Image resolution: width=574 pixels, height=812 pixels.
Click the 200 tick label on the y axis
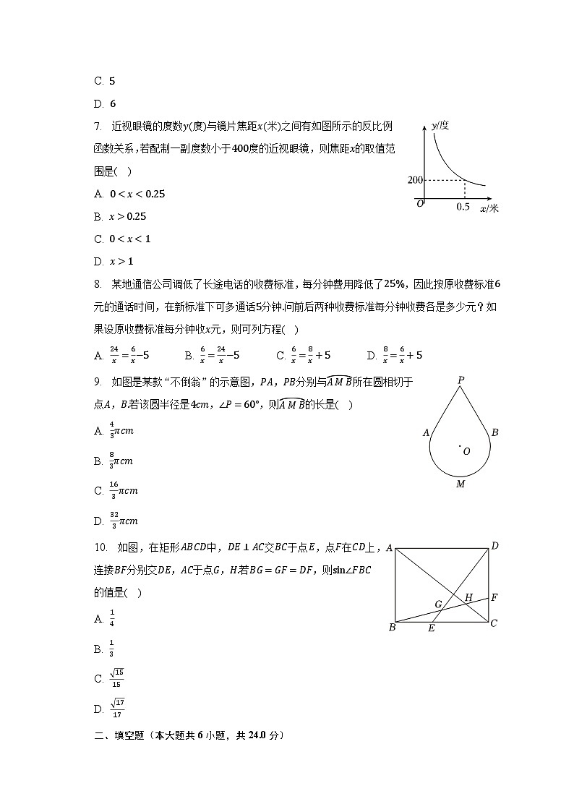(x=415, y=179)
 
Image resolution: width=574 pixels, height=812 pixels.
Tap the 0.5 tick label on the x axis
(x=463, y=208)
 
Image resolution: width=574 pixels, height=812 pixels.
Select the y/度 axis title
(x=440, y=125)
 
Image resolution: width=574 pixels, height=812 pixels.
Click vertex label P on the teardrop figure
(x=461, y=380)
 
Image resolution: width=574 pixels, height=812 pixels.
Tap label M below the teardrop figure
(x=461, y=484)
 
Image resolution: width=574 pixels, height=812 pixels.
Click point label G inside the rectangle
(x=438, y=603)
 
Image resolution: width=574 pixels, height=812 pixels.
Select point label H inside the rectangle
(x=468, y=597)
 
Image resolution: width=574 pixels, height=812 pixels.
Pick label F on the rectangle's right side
(x=494, y=598)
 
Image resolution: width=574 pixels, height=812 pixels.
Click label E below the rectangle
(x=431, y=628)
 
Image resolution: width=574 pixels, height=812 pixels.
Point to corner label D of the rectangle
(x=494, y=546)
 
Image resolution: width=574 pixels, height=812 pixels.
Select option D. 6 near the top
(x=105, y=103)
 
